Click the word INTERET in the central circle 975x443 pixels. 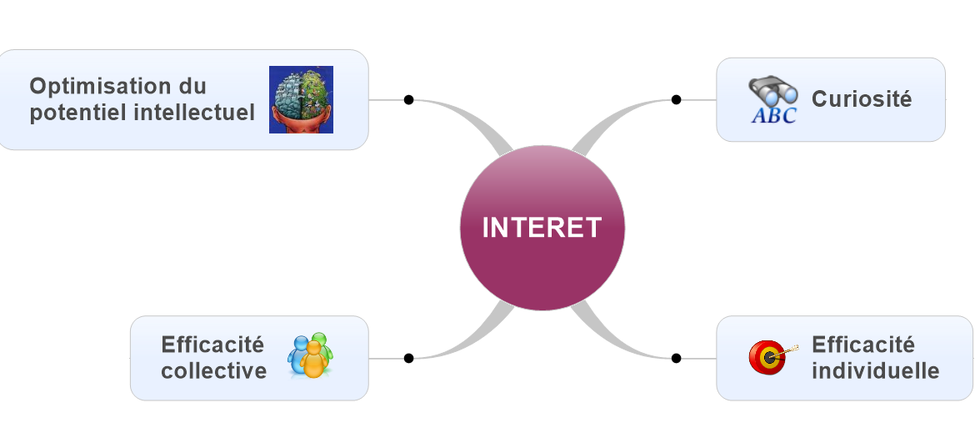[542, 228]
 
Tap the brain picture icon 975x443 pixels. [301, 99]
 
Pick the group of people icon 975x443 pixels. [311, 355]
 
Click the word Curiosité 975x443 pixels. [862, 98]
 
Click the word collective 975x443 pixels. [214, 370]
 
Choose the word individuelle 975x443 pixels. [875, 370]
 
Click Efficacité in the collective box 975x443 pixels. [212, 345]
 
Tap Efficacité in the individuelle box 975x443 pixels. [863, 345]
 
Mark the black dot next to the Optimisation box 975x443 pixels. [408, 99]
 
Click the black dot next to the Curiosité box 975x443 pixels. [677, 99]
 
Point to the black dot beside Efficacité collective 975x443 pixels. [408, 358]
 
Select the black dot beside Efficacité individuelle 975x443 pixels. [677, 358]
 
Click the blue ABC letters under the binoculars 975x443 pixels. [773, 115]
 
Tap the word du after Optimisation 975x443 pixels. [192, 86]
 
